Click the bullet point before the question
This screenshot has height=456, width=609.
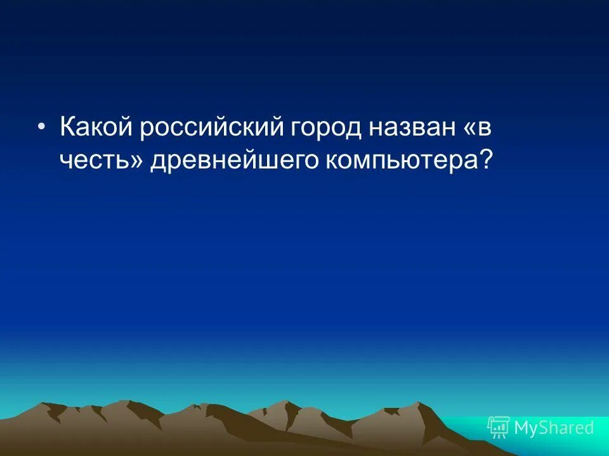pos(41,127)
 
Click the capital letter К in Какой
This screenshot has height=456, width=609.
pos(67,127)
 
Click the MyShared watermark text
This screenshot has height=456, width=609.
pos(554,428)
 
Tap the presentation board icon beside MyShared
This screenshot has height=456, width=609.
pos(499,427)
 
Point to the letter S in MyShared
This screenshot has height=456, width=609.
pos(545,428)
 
